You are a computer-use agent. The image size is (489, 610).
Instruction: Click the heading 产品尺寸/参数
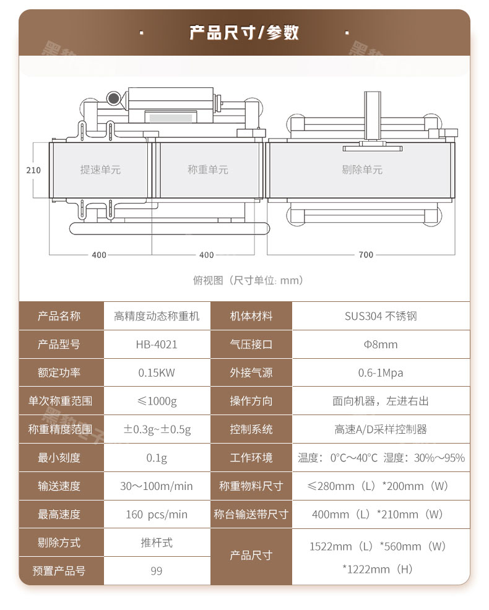coord(244,32)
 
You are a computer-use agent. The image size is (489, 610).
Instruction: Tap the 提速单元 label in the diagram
coord(100,170)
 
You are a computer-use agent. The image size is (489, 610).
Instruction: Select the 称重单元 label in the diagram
coord(208,170)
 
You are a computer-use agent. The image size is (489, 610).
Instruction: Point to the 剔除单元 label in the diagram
coord(362,170)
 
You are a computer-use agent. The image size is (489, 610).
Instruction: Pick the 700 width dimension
coord(366,255)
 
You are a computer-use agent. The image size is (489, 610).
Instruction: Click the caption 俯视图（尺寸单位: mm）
coord(248,280)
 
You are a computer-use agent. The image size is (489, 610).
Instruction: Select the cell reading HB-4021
coord(157,345)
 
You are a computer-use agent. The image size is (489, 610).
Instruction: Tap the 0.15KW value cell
coord(157,373)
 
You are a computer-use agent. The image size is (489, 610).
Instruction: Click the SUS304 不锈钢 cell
coord(381,316)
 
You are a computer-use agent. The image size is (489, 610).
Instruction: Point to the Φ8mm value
coord(381,345)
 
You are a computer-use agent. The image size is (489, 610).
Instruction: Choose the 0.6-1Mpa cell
coord(381,373)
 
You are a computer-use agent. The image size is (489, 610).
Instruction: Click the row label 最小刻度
coord(59,458)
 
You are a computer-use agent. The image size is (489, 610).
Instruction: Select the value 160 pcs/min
coord(157,515)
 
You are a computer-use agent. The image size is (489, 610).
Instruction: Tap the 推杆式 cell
coord(157,543)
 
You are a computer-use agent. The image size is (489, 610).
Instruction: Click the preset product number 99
coord(157,571)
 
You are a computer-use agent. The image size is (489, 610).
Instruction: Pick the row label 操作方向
coord(251,401)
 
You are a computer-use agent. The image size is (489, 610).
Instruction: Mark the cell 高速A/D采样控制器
coord(381,429)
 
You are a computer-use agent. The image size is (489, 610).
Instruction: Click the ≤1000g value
coord(157,401)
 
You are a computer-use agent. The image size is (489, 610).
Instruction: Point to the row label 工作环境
coord(251,458)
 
